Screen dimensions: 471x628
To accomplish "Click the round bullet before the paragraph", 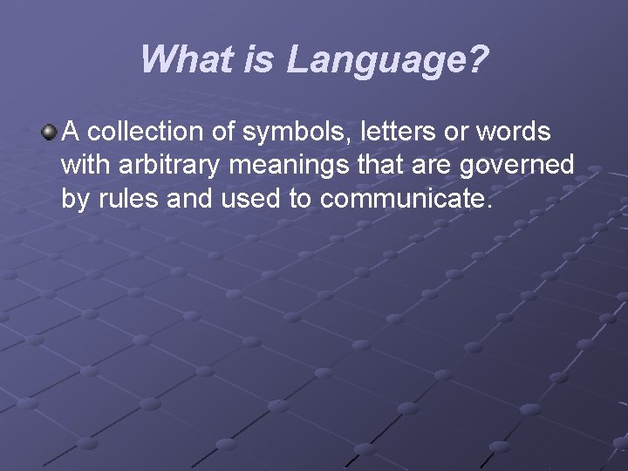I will pos(49,133).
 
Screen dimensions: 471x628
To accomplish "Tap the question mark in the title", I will pos(478,60).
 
